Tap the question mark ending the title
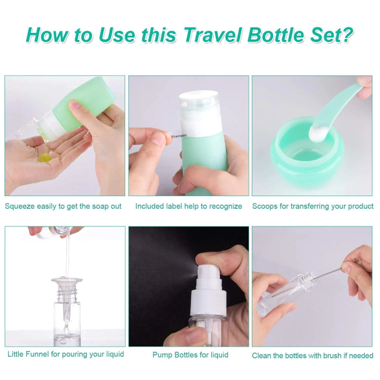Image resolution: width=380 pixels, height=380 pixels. [x=346, y=35]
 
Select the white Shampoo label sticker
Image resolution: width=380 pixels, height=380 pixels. [x=178, y=136]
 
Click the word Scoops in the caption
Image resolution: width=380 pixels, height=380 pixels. [x=264, y=206]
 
